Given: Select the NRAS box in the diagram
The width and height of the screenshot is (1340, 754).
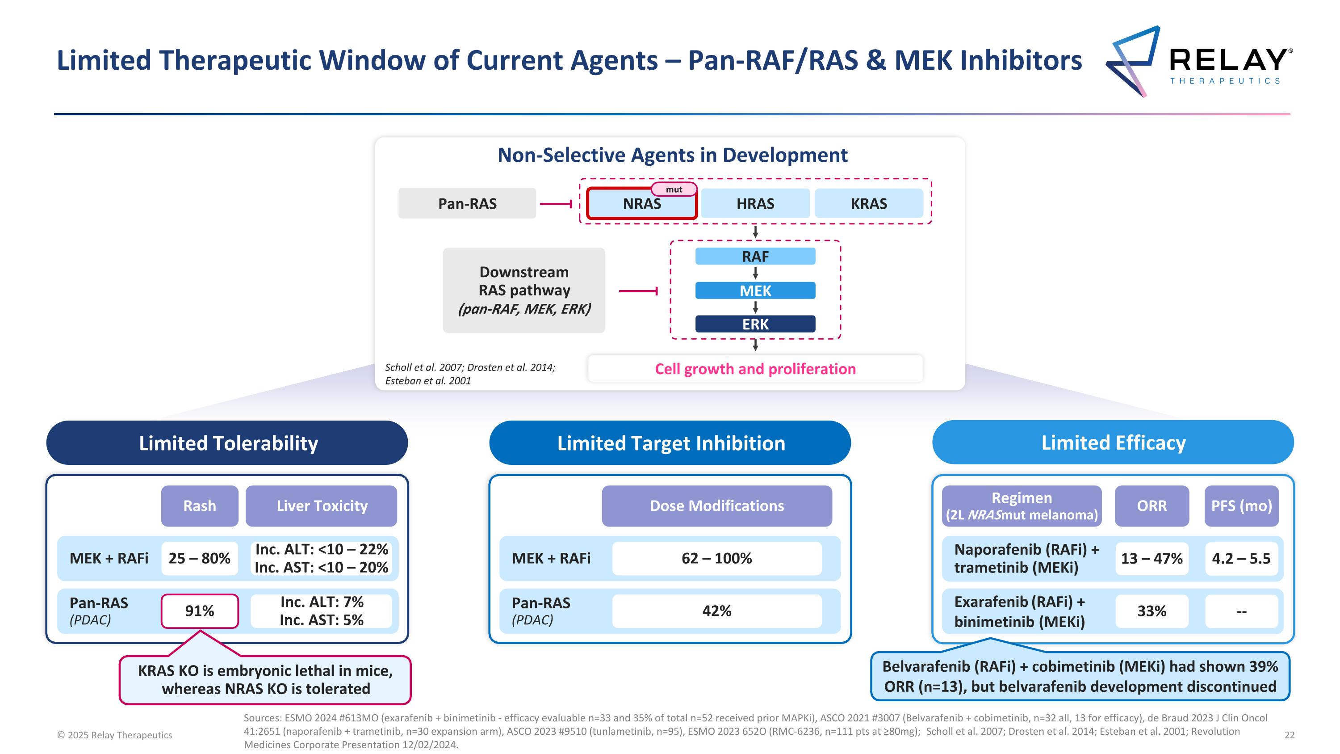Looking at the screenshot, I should coord(641,204).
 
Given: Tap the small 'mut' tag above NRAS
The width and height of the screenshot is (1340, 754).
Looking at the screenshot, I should coord(674,190).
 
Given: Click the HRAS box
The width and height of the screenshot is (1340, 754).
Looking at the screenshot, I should coord(755,203).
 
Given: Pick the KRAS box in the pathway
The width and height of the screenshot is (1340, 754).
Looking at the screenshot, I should coord(868,203).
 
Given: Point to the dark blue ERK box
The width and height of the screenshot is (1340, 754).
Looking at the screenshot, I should coord(755,324).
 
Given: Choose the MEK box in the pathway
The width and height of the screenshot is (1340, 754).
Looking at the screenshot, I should coord(755,291).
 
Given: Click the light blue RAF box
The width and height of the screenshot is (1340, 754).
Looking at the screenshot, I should coord(755,257).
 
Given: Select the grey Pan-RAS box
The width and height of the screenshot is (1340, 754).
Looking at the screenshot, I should coord(467,203).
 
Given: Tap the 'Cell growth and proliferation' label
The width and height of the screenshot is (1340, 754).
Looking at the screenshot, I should coord(755,369).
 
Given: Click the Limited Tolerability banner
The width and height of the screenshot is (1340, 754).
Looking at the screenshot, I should coord(227,443).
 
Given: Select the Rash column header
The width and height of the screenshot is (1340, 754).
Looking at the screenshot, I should coord(199,506).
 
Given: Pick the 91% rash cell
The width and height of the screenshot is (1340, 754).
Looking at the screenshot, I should coord(199,611).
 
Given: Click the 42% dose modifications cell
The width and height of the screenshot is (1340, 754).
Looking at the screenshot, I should coord(716,611).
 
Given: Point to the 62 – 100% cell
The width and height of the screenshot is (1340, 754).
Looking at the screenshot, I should coord(716,558).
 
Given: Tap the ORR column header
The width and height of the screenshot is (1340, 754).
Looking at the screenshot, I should coord(1151,506).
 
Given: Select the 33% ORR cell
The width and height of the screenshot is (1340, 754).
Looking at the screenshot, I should coord(1151,611).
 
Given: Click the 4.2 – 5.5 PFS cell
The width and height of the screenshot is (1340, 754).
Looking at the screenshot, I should coord(1241,558).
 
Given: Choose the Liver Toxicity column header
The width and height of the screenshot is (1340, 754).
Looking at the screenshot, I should coord(322,506).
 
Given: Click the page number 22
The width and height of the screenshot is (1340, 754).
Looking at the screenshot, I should coord(1290,735).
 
